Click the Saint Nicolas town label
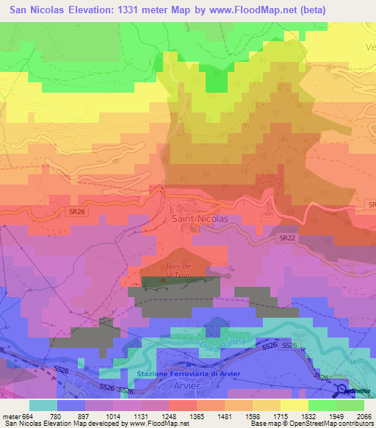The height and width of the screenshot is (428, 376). point(199,218)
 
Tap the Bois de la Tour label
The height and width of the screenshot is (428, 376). point(178,269)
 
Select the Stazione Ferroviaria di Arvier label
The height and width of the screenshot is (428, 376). point(188,374)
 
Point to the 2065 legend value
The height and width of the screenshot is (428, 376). point(355,416)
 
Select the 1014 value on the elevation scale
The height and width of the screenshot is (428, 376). point(124,416)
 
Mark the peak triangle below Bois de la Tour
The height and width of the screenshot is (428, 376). point(164,279)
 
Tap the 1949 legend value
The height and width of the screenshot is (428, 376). point(325,416)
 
